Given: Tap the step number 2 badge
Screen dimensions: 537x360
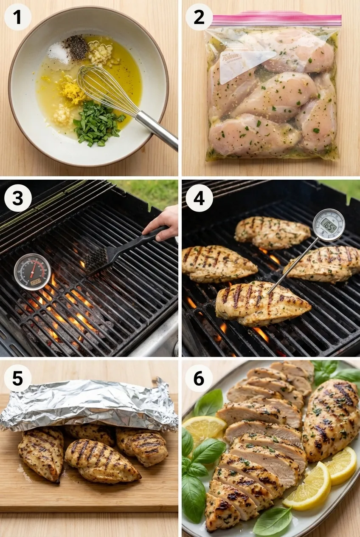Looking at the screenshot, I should tap(199, 17).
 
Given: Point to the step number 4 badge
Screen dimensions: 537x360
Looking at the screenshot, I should tap(199, 198).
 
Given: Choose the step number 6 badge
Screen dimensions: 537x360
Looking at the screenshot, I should tap(199, 378).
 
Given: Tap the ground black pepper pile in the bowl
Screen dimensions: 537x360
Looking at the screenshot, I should tap(76, 47).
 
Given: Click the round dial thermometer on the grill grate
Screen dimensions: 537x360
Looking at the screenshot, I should tap(32, 272).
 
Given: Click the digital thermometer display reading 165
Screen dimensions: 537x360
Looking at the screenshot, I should tap(329, 224).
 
